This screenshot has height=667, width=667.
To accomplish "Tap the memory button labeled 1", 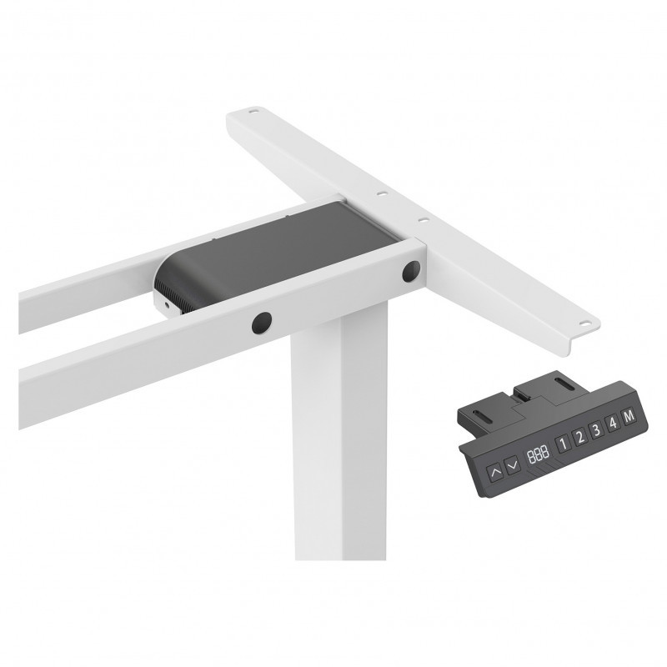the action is point(562,444).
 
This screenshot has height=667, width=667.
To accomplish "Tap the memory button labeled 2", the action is point(579,437).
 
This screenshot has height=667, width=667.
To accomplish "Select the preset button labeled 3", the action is point(596,430).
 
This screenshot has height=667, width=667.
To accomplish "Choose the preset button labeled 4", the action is point(613,423).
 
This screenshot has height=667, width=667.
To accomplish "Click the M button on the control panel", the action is point(629,416).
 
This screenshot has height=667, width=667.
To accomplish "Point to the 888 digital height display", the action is point(538,455).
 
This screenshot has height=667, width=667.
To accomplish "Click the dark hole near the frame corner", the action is point(411,272).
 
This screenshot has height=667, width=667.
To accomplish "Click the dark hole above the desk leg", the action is point(262,323).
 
